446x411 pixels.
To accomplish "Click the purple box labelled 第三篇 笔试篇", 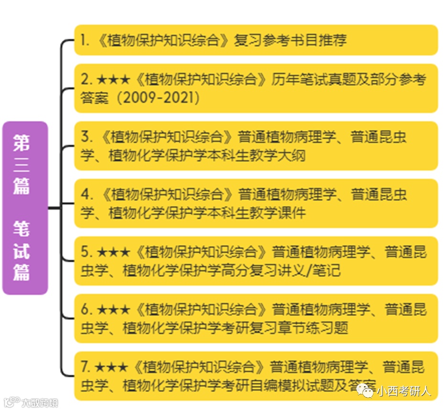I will click(25, 208).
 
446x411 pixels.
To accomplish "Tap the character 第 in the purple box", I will click(21, 142).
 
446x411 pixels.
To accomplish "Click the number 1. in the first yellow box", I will click(85, 40).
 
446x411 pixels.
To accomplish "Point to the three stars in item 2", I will click(113, 79).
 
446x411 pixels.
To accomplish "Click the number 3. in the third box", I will click(86, 137).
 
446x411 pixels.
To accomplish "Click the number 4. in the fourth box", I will click(86, 195).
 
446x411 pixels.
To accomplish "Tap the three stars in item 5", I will click(113, 252).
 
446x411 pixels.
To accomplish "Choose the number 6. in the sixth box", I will click(86, 310).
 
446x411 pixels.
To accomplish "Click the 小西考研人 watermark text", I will click(404, 392).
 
